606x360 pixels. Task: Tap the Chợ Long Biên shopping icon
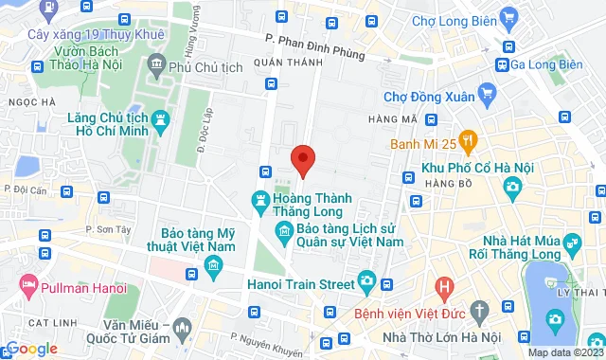(509, 16)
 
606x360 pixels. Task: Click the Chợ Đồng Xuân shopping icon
(488, 92)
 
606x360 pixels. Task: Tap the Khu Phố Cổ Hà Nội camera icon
(512, 187)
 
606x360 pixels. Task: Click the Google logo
(31, 348)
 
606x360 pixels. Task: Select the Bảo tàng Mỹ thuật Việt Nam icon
(213, 261)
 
